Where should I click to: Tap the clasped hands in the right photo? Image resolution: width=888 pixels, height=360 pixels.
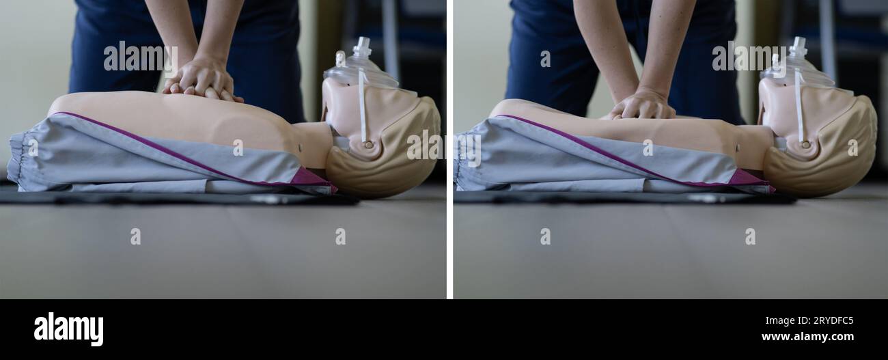tap(642, 105)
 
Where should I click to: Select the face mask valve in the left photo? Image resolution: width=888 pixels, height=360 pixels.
tap(361, 48)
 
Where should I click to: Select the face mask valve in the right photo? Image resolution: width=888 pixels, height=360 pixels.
tap(797, 48)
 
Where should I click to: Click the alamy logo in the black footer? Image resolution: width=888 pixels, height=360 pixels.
tap(68, 329)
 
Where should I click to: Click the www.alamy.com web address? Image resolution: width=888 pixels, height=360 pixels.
tap(807, 337)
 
